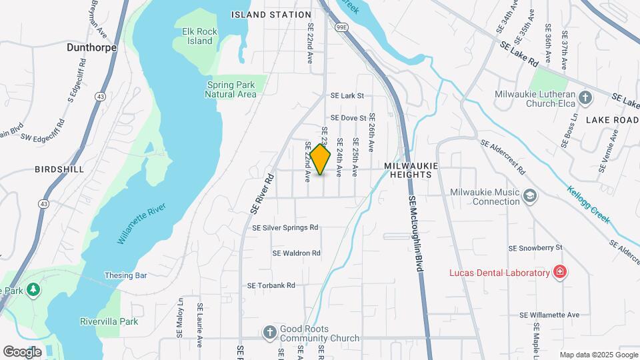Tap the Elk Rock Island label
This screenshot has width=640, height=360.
point(197,36)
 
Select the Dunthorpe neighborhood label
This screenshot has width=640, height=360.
point(91,47)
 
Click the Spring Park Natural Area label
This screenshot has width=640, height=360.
point(231,89)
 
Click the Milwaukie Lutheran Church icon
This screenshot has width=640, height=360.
point(585,99)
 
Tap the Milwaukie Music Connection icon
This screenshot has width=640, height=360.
point(530,196)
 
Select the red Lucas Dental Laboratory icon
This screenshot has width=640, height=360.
point(561,272)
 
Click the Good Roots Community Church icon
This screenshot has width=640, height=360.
point(269,332)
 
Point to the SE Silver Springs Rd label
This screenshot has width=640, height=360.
point(285,228)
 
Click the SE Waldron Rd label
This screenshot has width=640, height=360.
point(297,253)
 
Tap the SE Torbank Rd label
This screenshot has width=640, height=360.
point(271,285)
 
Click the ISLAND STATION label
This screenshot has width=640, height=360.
point(271,14)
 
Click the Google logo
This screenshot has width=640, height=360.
point(22,351)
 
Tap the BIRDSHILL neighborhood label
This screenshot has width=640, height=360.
point(59,169)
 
